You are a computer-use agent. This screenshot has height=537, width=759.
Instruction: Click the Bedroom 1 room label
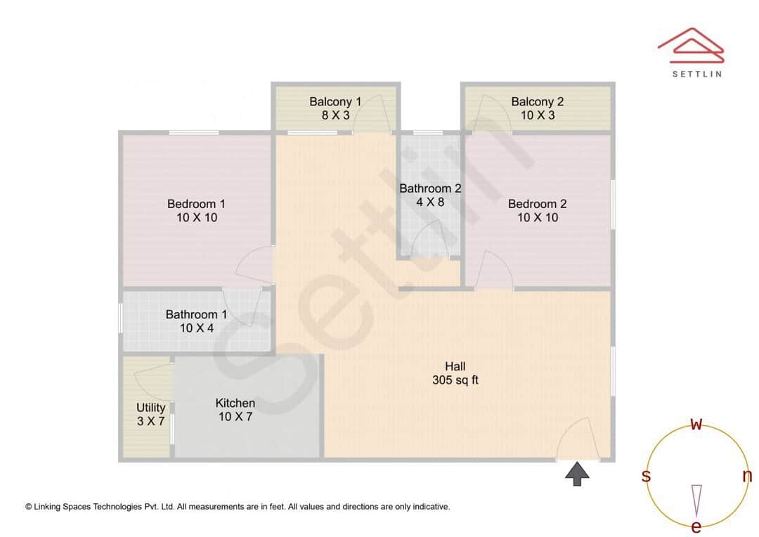tap(196, 204)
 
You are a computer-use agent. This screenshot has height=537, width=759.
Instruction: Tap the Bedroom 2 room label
tap(538, 204)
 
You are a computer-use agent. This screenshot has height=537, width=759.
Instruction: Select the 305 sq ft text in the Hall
tap(455, 380)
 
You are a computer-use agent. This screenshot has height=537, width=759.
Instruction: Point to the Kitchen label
tap(235, 403)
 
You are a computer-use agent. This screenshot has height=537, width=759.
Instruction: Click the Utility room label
tap(151, 408)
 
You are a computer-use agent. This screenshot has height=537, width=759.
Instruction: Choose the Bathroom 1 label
tap(196, 314)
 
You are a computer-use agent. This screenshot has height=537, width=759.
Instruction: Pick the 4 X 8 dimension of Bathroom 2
tap(430, 202)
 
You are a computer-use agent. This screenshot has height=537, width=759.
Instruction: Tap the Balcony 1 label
tap(335, 101)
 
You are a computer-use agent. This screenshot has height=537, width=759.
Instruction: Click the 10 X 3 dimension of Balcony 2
tap(538, 115)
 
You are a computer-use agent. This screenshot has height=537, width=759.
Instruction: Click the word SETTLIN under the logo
tap(696, 73)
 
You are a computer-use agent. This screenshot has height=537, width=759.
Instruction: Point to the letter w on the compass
tap(696, 424)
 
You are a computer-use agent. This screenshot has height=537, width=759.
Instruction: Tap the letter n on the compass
tap(747, 476)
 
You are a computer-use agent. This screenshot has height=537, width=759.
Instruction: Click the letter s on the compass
tap(646, 476)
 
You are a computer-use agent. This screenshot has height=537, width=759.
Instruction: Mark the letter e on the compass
tap(696, 526)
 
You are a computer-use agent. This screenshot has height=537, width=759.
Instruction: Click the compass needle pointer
tap(696, 500)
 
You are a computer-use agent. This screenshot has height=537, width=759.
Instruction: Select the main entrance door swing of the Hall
tap(578, 439)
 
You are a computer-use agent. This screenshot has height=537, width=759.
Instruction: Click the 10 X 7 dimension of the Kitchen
tap(235, 417)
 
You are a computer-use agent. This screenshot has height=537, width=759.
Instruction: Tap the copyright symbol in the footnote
tap(29, 506)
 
